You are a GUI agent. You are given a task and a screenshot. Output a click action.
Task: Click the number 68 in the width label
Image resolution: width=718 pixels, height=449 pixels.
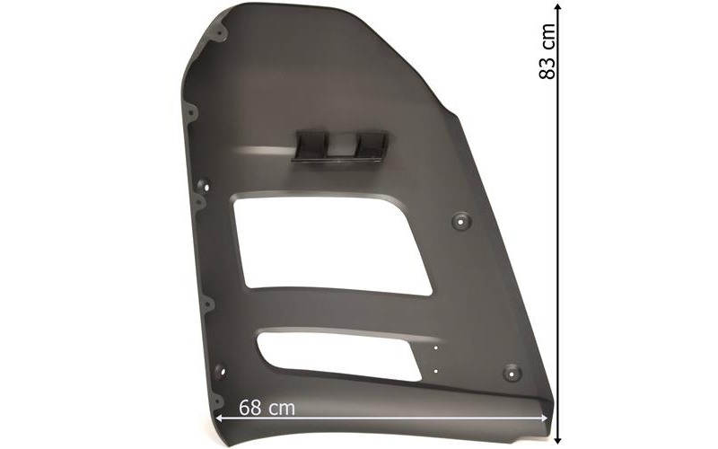(250, 408)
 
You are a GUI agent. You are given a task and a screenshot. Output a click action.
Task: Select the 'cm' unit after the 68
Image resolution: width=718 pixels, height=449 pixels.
(282, 409)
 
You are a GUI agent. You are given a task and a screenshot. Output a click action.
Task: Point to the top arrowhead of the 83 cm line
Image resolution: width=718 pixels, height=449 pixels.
(557, 6)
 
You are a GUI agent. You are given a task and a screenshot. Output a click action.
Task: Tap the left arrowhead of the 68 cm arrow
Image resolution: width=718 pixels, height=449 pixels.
(219, 418)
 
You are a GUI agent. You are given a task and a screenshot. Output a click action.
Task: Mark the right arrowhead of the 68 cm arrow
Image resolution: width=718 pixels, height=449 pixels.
(544, 418)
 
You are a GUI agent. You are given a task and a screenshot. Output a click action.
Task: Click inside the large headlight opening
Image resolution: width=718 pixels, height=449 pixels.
(330, 245)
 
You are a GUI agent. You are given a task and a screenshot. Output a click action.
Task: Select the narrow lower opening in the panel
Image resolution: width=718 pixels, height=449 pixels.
(339, 355)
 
